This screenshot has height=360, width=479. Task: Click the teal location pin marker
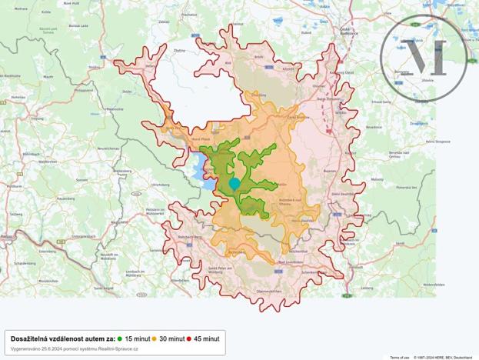pos(235,184)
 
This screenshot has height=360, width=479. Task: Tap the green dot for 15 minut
pos(120,338)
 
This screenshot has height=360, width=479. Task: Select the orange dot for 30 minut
pos(155,338)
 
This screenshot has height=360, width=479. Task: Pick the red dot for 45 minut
pos(189,338)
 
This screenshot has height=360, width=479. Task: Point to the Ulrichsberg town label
pos(160,185)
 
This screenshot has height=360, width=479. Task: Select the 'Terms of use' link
pos(399,357)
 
